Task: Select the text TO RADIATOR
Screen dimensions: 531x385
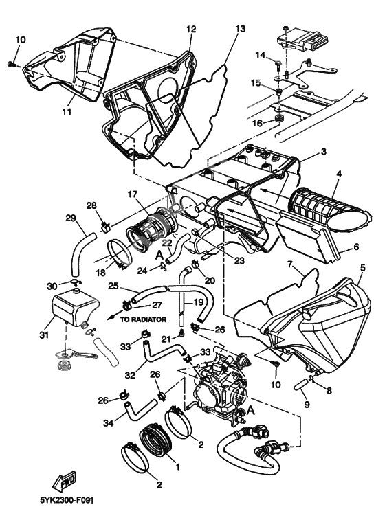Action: click(x=143, y=319)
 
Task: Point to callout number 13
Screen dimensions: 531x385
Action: click(x=239, y=29)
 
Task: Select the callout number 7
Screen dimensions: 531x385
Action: click(x=291, y=264)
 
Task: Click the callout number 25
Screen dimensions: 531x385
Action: click(x=113, y=286)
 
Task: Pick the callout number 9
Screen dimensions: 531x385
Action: click(x=307, y=405)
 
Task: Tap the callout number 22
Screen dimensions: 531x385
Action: click(x=166, y=243)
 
